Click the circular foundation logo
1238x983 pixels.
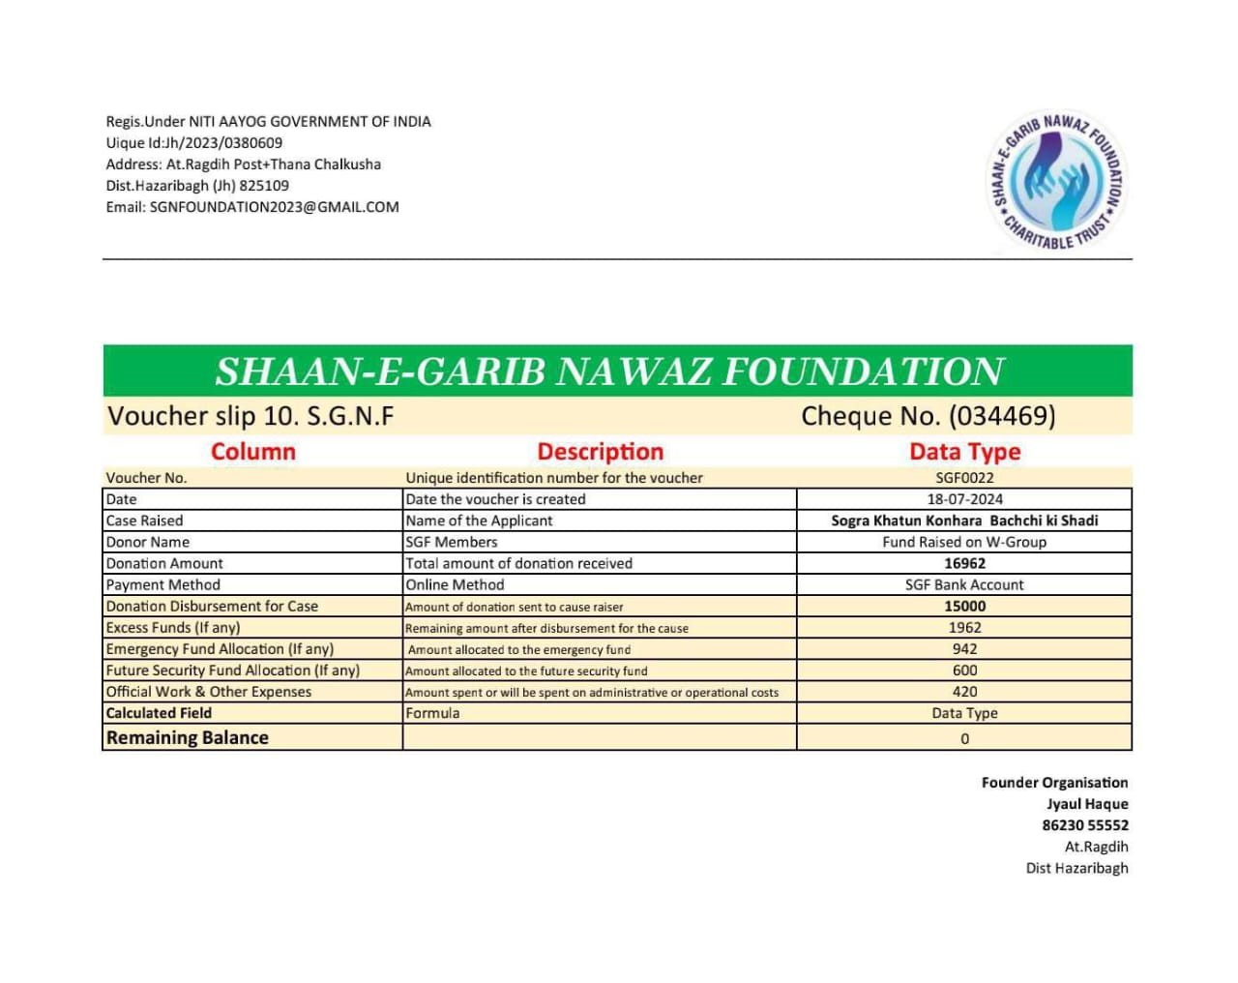pos(1058,181)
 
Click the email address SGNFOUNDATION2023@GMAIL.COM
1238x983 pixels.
pos(274,207)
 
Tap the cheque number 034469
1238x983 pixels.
pos(1001,416)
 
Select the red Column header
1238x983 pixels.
pos(252,452)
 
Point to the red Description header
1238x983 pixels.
pos(600,452)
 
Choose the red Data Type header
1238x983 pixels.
pos(964,452)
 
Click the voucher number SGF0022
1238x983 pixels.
pos(964,478)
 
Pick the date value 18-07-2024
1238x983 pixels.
pos(964,499)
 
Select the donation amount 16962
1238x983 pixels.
pos(964,563)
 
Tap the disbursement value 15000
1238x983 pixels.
pos(964,607)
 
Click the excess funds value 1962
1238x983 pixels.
pos(964,628)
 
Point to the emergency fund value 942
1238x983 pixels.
pos(964,649)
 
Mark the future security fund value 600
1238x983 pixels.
pos(964,670)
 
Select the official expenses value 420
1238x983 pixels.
pos(964,692)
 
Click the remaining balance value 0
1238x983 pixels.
pos(964,739)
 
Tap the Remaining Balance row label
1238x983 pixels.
pos(188,738)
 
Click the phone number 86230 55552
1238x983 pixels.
pos(1084,825)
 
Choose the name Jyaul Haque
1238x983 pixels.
pos(1087,804)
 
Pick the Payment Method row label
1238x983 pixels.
pos(163,585)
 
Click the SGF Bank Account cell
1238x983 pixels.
pos(964,585)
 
